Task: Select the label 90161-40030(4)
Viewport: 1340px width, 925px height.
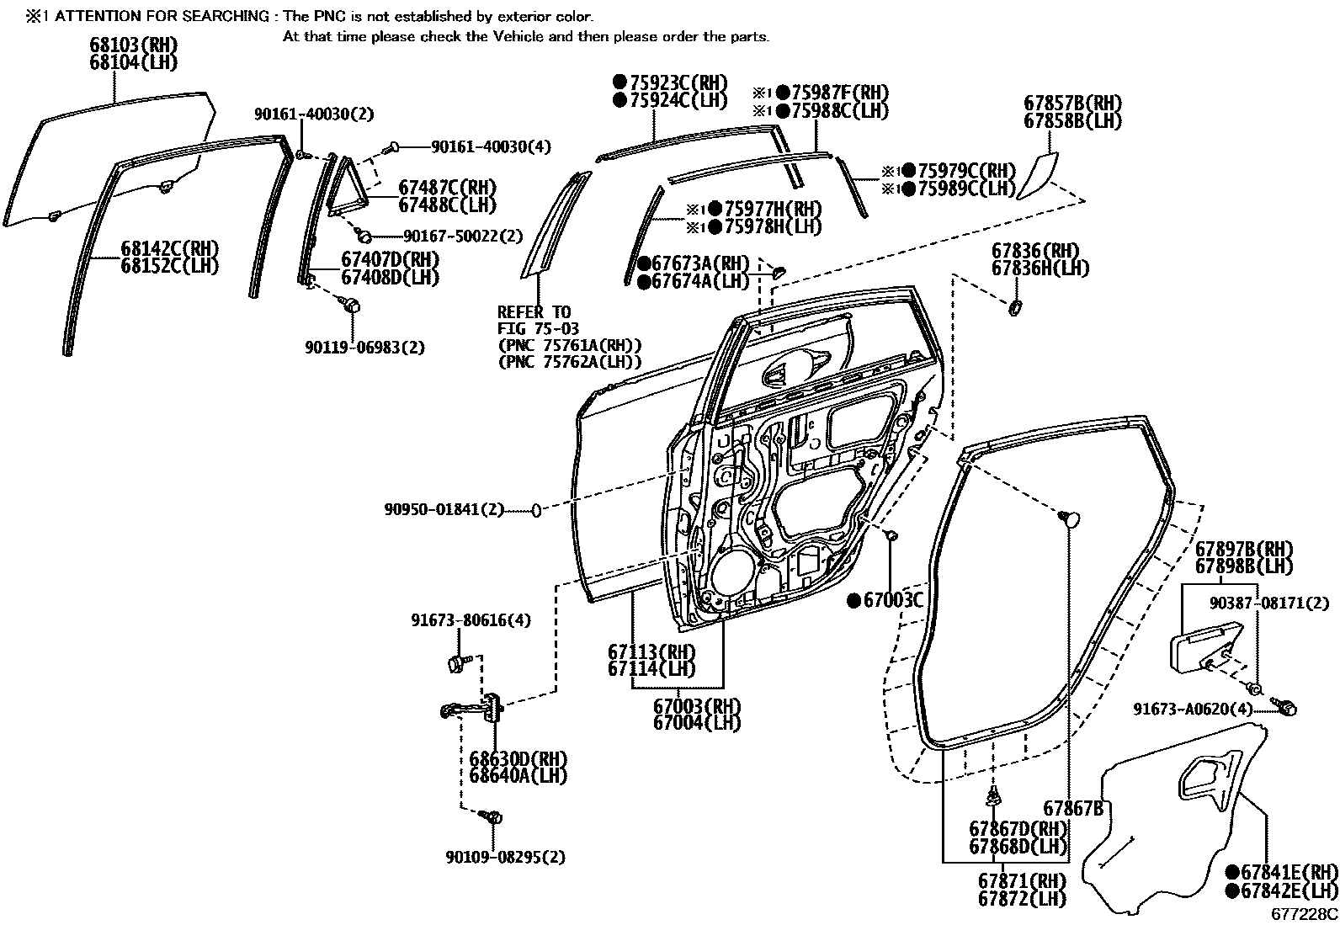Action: pyautogui.click(x=491, y=146)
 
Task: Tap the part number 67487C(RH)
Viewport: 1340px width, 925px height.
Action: pyautogui.click(x=447, y=187)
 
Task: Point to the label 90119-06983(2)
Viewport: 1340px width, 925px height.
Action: pyautogui.click(x=364, y=347)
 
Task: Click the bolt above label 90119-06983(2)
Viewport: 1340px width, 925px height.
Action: pyautogui.click(x=354, y=305)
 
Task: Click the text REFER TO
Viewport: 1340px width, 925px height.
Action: pyautogui.click(x=534, y=312)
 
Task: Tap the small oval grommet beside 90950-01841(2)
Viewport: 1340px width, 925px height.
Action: pyautogui.click(x=534, y=510)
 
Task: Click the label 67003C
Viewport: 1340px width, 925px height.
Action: pyautogui.click(x=894, y=600)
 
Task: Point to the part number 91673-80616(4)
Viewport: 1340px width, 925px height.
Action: pyautogui.click(x=471, y=620)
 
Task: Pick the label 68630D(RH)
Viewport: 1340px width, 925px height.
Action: pyautogui.click(x=518, y=758)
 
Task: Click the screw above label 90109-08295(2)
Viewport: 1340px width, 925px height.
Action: pyautogui.click(x=494, y=817)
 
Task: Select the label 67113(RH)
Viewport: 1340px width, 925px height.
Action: pyautogui.click(x=651, y=651)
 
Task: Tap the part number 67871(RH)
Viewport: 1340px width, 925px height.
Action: pyautogui.click(x=1021, y=880)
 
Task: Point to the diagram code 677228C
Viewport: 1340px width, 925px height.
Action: pyautogui.click(x=1304, y=913)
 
